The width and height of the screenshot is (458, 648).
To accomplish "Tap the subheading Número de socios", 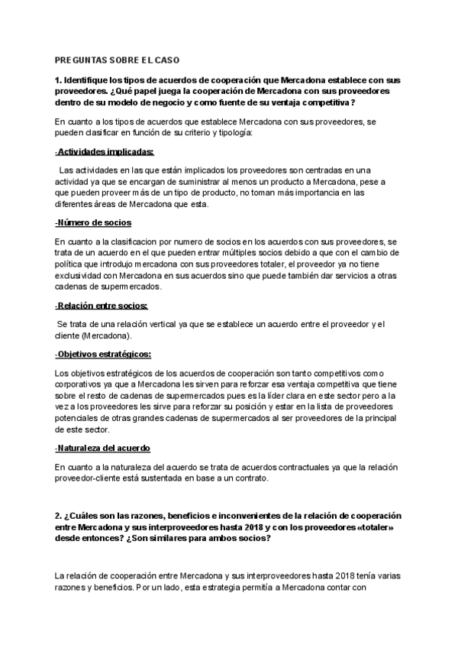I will point(93,222).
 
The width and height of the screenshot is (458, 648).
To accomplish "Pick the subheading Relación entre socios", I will point(102,306).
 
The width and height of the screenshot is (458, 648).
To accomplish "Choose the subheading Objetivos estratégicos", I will point(103,354).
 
